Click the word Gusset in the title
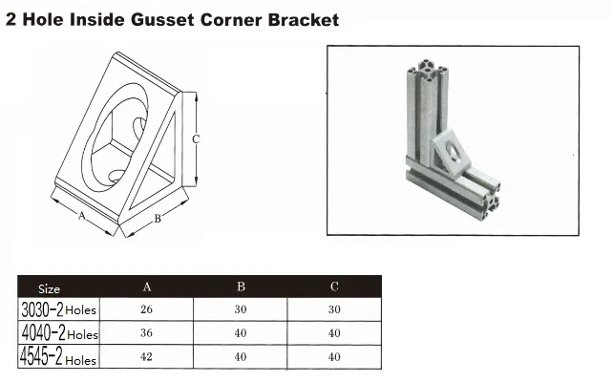pos(162,19)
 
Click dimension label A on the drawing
pos(82,216)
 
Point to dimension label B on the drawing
pos(158,219)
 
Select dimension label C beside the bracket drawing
pos(196,138)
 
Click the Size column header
pos(49,289)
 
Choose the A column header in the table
pos(147,287)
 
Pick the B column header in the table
pos(241,287)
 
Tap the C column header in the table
pos(334,287)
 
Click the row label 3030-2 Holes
pos(58,309)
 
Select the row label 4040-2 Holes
pos(59,333)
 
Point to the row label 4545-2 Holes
pos(58,357)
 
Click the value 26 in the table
pos(147,309)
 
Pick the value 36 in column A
pos(147,333)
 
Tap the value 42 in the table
pos(147,357)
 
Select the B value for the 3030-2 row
pos(241,309)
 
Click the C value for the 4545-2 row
pos(334,357)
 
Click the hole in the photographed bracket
pos(454,152)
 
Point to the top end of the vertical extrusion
pos(428,70)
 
